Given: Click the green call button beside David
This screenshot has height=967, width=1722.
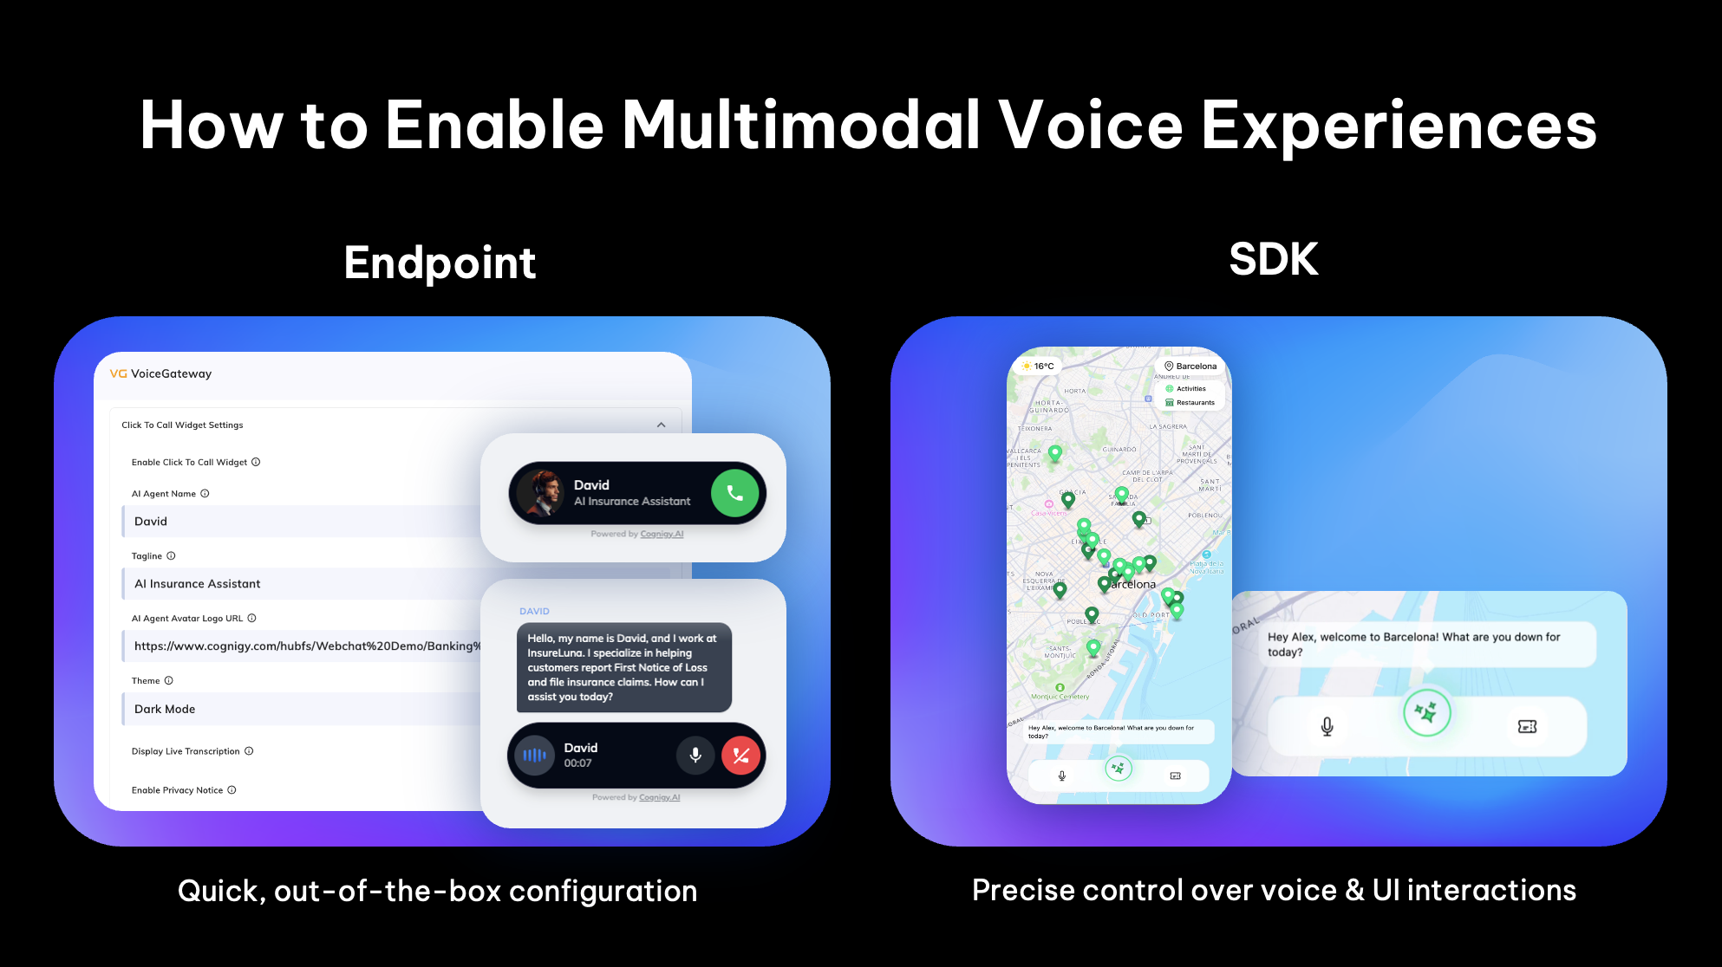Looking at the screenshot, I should click(x=734, y=493).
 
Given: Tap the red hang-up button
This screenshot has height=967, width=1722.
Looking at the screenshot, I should click(x=740, y=755).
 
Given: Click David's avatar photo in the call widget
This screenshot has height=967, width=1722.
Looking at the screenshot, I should click(x=540, y=493).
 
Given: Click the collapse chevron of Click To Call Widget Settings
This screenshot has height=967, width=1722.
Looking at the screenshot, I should click(x=661, y=425).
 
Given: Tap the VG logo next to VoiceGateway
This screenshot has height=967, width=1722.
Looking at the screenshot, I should click(x=118, y=373).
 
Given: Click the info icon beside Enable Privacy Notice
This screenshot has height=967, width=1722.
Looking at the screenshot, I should click(x=232, y=790).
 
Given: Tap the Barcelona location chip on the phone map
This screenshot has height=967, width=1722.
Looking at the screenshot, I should click(x=1190, y=366).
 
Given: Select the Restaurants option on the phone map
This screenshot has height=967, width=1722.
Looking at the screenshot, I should click(x=1194, y=403).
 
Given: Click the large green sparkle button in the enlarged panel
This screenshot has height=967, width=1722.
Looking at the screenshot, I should click(x=1426, y=712).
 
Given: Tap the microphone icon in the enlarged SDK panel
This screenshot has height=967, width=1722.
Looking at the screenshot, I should click(x=1327, y=726).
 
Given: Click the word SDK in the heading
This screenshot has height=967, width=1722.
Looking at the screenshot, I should click(x=1273, y=259).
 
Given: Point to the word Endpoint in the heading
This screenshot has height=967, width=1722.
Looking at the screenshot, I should click(x=440, y=263).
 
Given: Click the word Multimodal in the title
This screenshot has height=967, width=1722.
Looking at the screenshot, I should click(x=801, y=125).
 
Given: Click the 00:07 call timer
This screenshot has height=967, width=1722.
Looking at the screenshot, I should click(x=577, y=763).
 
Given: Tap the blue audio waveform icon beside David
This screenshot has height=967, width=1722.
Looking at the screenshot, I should click(x=534, y=755).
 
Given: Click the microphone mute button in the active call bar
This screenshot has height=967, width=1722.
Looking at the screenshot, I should click(x=695, y=755).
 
